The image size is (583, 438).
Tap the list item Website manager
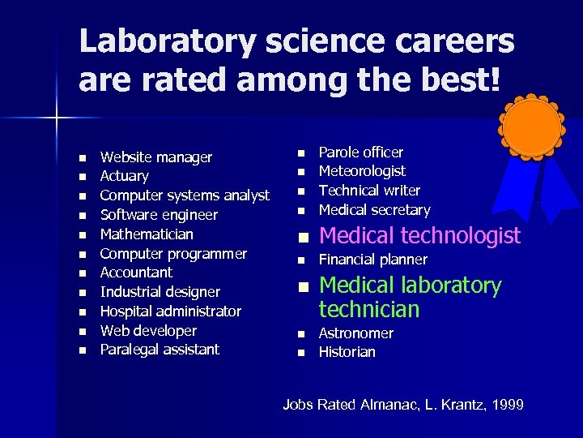pos(155,157)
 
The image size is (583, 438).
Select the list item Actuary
pos(124,176)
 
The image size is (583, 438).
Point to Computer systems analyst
pos(185,195)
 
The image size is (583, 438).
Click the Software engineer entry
pos(159,215)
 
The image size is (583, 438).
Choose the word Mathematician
pos(147,234)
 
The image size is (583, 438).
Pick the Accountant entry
pos(136,273)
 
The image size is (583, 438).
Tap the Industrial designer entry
pos(160,292)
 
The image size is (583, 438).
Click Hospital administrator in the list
pos(170,311)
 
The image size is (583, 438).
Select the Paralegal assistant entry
pos(160,350)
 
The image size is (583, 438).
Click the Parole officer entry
pos(361,152)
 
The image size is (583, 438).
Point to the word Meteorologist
pos(362,171)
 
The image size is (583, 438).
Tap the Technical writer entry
pos(369,191)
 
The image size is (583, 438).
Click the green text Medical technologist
pos(419,236)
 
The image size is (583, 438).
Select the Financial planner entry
pos(373,260)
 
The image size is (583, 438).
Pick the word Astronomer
pos(356,333)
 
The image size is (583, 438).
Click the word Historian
pos(347,352)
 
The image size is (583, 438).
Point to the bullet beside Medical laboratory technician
pos(303,287)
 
